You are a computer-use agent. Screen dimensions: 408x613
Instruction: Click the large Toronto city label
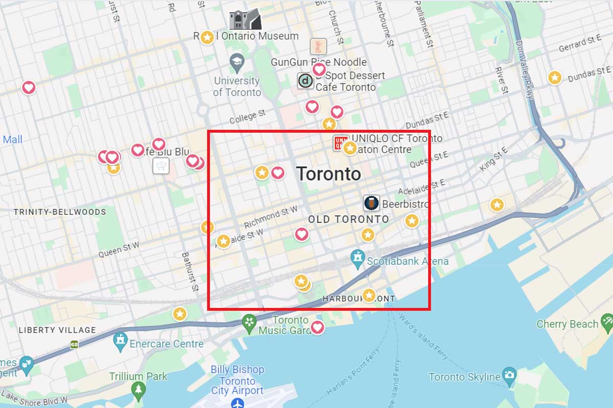(328, 174)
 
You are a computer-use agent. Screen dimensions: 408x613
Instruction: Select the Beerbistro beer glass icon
(372, 203)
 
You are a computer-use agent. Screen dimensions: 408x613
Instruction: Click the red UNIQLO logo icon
(340, 143)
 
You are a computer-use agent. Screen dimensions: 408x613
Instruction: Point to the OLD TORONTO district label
(348, 219)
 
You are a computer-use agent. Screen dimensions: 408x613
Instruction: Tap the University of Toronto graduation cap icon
(237, 64)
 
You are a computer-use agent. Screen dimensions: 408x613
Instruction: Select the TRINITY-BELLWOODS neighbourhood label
(60, 212)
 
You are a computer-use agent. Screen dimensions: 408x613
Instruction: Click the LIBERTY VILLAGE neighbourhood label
(57, 330)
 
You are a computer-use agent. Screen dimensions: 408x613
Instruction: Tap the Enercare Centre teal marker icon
(121, 342)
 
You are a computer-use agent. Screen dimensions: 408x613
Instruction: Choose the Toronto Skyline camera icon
(509, 375)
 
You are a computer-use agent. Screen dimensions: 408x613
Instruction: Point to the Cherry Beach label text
(567, 324)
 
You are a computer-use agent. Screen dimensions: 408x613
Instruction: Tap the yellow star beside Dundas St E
(555, 78)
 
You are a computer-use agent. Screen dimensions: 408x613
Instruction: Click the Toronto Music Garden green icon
(249, 322)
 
